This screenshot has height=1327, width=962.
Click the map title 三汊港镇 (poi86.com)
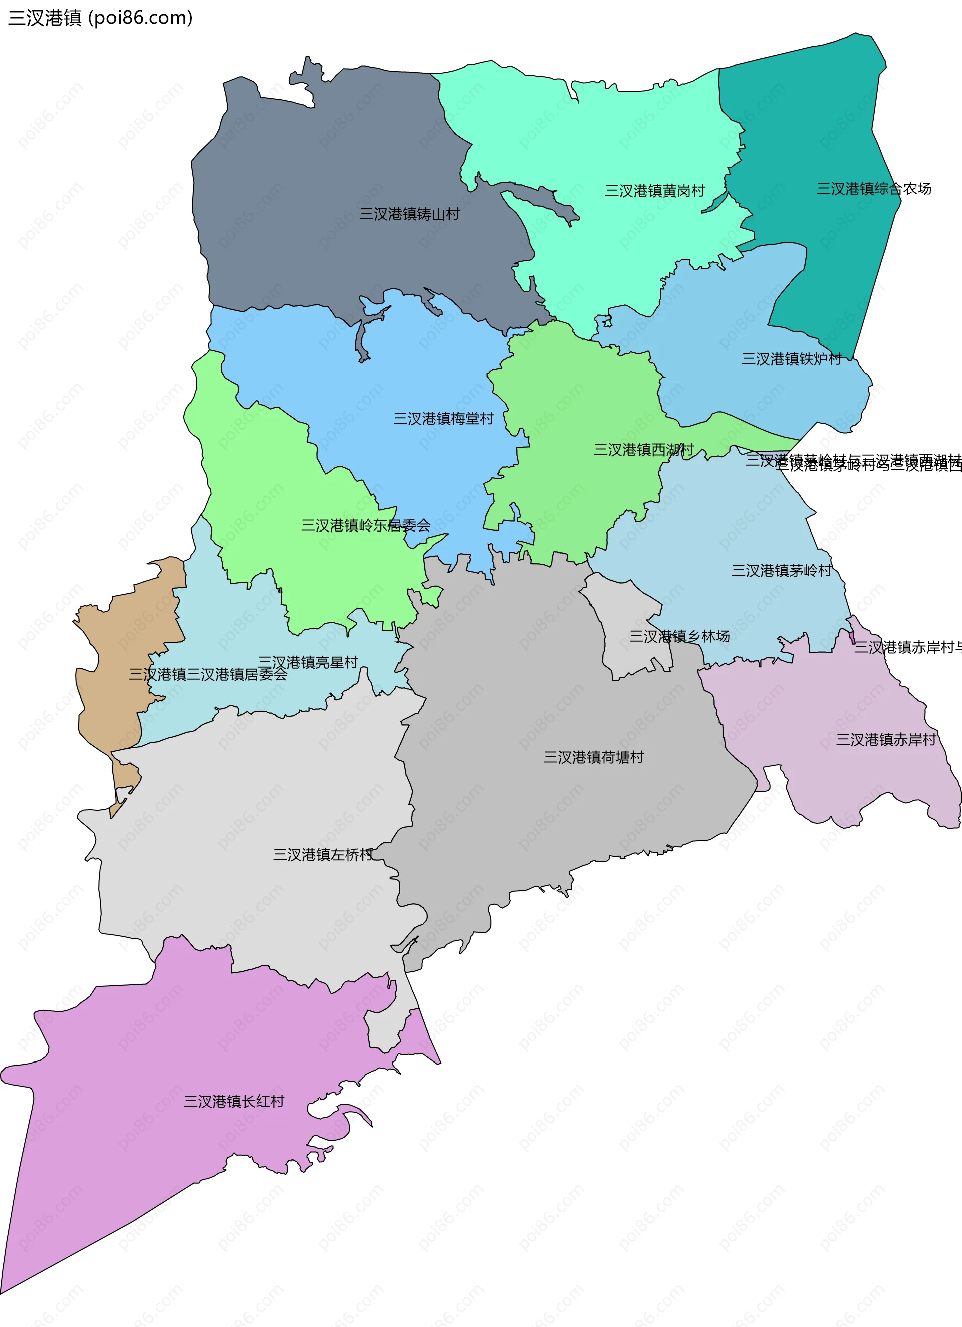click(x=100, y=18)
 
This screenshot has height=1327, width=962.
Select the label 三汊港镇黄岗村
click(x=655, y=191)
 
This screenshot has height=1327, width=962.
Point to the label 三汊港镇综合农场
click(x=874, y=189)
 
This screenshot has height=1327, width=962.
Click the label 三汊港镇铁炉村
click(x=791, y=359)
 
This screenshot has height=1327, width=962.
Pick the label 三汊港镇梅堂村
click(x=443, y=419)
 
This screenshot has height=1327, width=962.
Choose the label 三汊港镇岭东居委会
click(x=366, y=525)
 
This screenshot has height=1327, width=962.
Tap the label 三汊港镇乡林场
click(x=679, y=636)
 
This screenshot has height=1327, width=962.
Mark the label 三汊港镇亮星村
click(x=308, y=662)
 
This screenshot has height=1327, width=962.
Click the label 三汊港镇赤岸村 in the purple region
click(x=885, y=739)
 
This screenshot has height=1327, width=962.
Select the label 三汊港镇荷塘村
click(x=593, y=757)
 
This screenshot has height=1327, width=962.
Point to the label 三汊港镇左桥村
click(x=323, y=854)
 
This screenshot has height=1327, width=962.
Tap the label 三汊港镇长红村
click(x=234, y=1101)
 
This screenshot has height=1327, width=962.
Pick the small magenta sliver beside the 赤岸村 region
click(x=852, y=637)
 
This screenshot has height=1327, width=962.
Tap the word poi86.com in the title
click(x=140, y=18)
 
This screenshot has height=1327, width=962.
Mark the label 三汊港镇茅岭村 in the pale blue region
click(x=781, y=570)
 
